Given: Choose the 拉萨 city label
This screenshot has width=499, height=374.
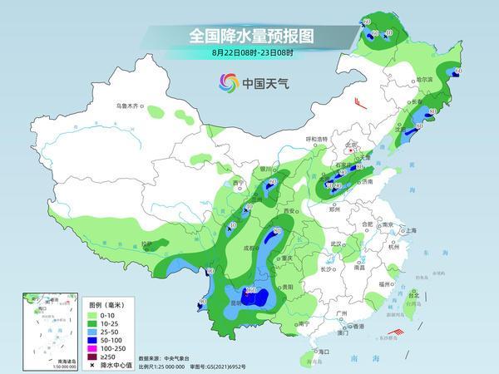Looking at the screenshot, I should [x=147, y=244].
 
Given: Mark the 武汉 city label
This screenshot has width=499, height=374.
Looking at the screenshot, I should [x=337, y=244].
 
